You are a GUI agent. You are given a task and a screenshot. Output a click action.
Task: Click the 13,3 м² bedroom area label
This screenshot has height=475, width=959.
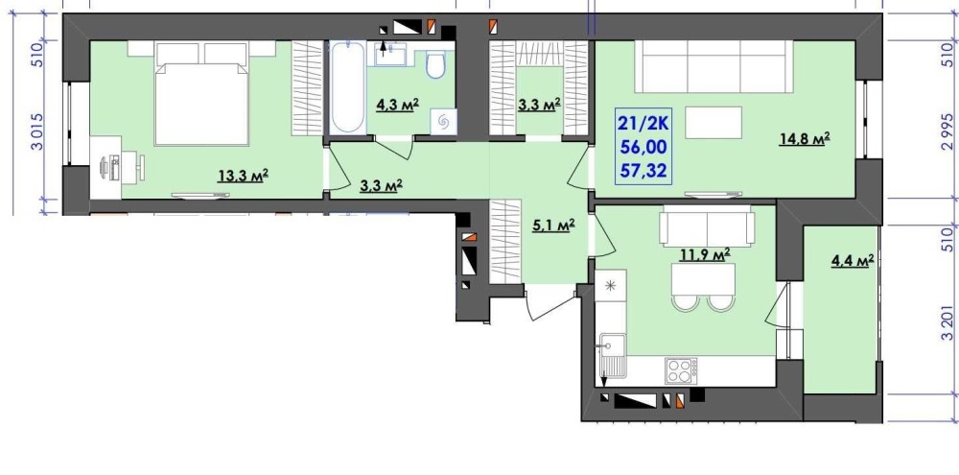click(244, 177)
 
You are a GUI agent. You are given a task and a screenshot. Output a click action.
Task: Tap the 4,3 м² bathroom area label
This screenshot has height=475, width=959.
click(398, 104)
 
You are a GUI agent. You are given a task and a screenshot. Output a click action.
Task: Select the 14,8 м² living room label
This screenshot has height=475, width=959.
click(805, 139)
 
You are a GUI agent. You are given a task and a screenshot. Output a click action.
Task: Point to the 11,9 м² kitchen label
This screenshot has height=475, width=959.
click(707, 253)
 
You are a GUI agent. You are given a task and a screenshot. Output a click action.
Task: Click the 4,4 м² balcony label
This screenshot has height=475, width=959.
click(852, 261)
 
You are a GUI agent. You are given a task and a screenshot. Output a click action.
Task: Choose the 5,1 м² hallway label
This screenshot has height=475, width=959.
click(554, 226)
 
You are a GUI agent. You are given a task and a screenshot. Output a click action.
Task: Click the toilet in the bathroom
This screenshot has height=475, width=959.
click(435, 65)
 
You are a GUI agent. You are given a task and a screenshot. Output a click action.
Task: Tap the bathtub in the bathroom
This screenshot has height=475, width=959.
click(347, 87)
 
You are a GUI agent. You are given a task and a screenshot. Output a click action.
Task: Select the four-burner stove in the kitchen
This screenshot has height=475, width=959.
click(682, 370)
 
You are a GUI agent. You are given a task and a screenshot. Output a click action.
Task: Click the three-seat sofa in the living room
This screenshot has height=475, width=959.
click(714, 66)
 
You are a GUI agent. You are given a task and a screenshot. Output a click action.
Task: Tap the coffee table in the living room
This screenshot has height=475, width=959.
click(713, 123)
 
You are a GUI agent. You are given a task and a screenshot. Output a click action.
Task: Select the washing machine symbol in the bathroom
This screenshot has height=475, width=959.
click(443, 121)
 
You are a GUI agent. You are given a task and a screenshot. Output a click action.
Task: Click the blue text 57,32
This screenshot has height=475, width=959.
click(643, 171)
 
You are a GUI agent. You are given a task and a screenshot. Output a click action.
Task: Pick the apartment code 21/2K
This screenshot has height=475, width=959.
click(643, 124)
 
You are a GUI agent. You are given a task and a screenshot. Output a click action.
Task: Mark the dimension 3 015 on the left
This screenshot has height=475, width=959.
click(38, 131)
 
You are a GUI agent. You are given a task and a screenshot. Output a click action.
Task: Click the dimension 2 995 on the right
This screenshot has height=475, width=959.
click(947, 131)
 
